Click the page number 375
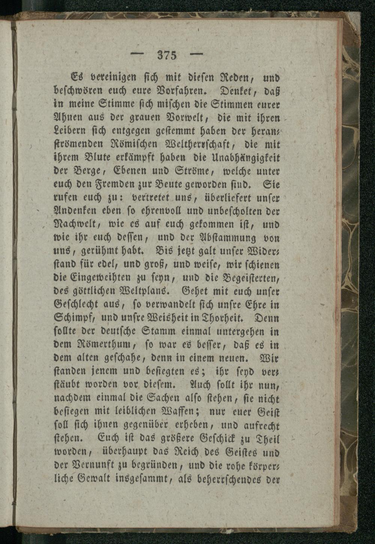tap(167, 55)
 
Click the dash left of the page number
tap(139, 55)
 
